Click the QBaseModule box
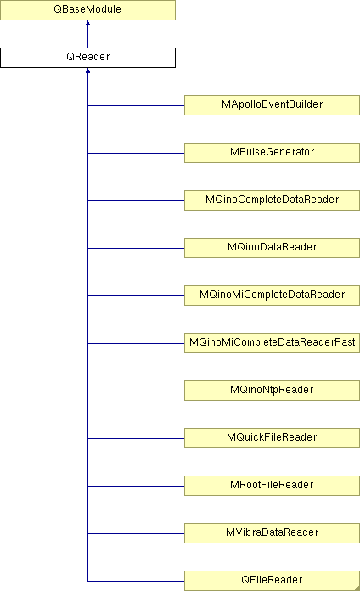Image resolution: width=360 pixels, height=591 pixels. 87,10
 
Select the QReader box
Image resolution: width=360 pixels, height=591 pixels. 87,58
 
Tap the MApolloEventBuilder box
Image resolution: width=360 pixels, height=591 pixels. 272,105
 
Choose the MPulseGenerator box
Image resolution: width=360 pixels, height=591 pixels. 272,153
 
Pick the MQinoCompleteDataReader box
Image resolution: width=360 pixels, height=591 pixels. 272,200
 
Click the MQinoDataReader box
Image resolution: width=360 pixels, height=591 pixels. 272,248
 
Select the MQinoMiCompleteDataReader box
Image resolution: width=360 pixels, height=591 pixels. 272,295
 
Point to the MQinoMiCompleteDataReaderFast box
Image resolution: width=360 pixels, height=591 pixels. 272,342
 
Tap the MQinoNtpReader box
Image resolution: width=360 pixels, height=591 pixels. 272,390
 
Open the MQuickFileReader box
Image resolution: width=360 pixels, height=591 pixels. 272,437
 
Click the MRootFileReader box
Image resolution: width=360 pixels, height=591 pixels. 272,485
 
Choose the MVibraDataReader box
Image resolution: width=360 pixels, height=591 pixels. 272,532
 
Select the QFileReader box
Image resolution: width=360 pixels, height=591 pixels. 272,581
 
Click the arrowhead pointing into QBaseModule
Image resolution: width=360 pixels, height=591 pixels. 87,23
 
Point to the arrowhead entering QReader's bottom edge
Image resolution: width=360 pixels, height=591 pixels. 87,70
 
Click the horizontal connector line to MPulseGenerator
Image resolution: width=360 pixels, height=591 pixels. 136,153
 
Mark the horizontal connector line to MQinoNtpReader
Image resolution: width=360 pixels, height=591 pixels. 136,391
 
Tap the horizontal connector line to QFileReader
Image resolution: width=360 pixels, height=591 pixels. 136,581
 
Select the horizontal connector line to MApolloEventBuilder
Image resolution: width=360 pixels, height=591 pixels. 136,105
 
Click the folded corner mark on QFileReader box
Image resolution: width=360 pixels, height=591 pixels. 357,588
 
